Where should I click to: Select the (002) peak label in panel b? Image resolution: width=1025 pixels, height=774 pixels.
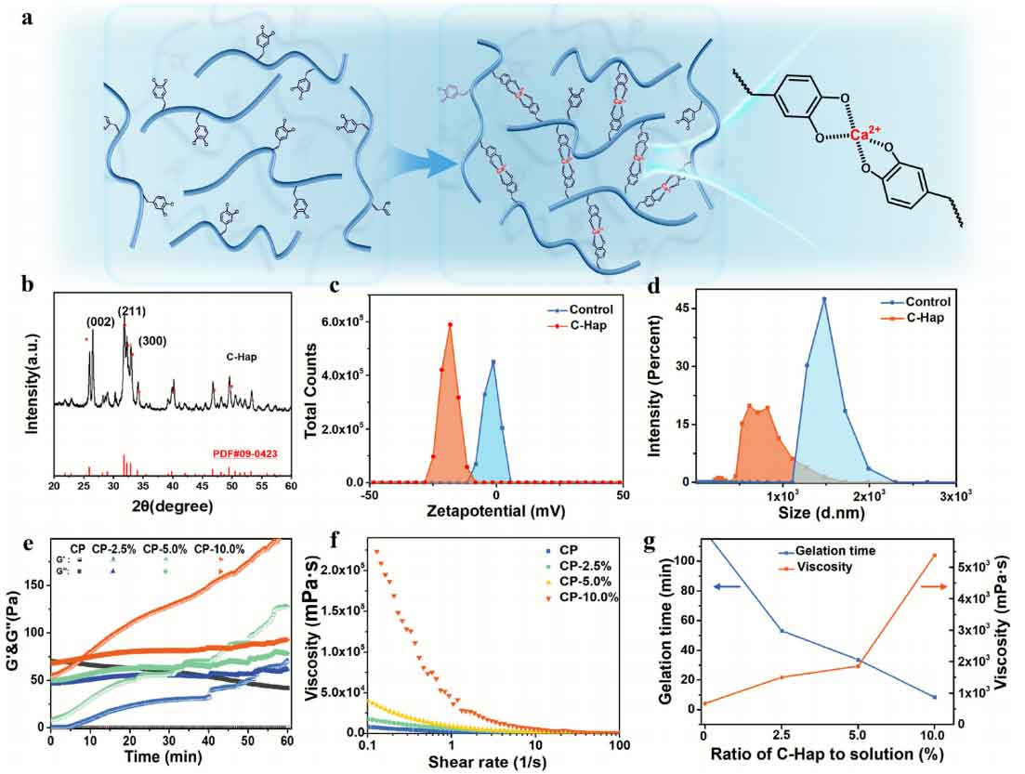[102, 322]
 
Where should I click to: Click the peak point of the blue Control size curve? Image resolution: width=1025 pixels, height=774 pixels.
[823, 299]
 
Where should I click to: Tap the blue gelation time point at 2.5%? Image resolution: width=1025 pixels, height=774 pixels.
[782, 632]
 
